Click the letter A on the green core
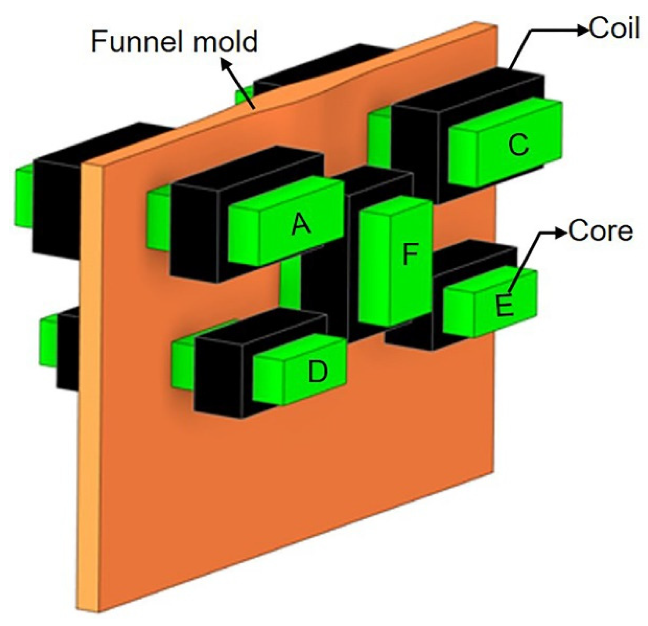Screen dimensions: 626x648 coord(301,225)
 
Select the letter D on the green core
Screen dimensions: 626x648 coord(318,372)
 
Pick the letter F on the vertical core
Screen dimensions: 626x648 coord(410,254)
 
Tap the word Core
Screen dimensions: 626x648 coord(601,231)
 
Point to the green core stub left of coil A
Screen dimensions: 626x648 coord(158,218)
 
